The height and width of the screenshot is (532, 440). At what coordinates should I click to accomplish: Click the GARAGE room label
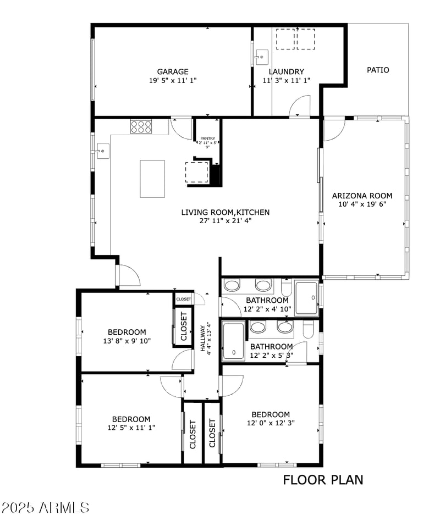pos(173,71)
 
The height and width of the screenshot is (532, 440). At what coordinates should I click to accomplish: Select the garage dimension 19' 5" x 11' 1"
pos(173,80)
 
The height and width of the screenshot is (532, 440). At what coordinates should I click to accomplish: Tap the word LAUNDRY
pos(286,71)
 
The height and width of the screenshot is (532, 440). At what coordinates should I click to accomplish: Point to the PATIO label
pos(378,70)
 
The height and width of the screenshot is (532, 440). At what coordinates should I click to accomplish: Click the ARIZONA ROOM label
pos(362,196)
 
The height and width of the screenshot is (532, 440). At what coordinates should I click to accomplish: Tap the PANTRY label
pos(207,138)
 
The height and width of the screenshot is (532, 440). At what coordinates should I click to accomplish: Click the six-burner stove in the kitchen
pos(141,127)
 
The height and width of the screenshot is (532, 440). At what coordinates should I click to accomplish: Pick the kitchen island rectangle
pos(152,179)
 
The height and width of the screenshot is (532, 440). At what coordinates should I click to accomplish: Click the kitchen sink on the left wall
pos(102,150)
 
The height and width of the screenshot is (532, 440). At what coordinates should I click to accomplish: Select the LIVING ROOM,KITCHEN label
pos(226,212)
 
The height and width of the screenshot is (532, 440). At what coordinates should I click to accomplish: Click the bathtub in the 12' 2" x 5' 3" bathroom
pos(234,341)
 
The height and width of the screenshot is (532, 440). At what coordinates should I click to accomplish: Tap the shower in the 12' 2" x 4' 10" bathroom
pos(306,298)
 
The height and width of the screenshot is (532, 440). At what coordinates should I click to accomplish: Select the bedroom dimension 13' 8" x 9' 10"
pos(127,341)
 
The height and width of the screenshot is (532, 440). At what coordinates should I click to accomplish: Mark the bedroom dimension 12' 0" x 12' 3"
pos(271,423)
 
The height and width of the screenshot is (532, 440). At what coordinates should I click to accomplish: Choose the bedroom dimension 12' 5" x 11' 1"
pos(131,427)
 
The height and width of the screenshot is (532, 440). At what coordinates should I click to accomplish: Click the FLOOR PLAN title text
pos(323,480)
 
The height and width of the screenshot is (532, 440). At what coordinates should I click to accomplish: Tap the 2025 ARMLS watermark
pos(45,507)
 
